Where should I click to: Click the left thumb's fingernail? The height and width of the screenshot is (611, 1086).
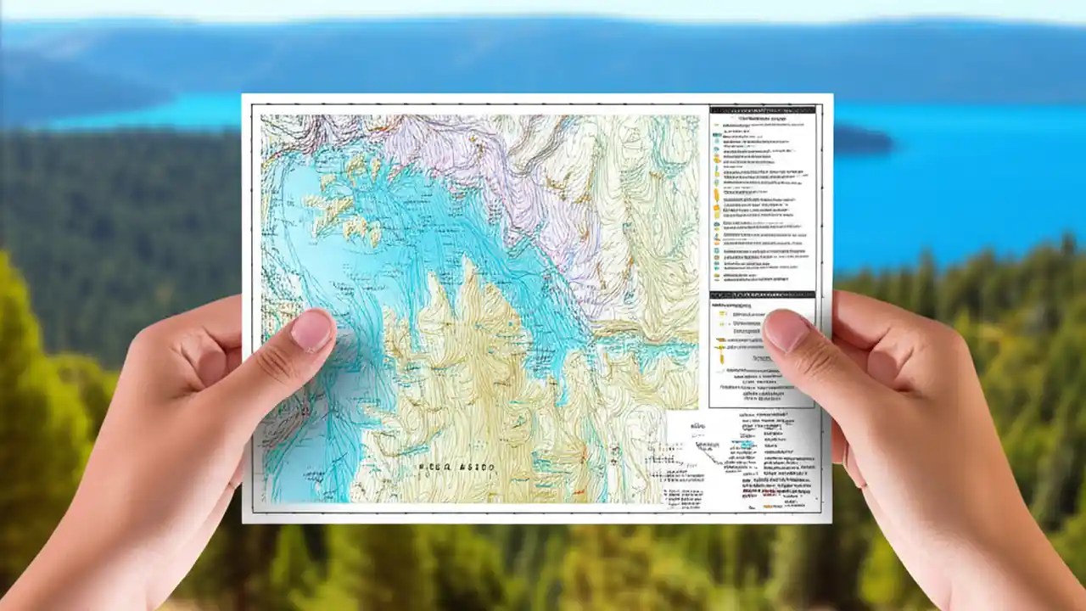click(x=311, y=330)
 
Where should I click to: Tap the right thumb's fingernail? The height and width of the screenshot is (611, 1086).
click(x=786, y=330)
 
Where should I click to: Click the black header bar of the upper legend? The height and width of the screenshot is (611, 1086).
click(x=762, y=109)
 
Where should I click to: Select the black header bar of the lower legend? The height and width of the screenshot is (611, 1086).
click(x=762, y=294)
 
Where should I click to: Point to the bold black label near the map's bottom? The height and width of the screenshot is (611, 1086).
click(x=456, y=468)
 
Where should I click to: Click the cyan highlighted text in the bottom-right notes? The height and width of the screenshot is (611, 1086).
click(x=746, y=444)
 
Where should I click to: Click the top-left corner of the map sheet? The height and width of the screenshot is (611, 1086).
click(x=243, y=95)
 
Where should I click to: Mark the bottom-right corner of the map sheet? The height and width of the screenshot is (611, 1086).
click(x=831, y=521)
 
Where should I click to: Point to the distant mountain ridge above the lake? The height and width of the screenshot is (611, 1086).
click(x=543, y=42)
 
